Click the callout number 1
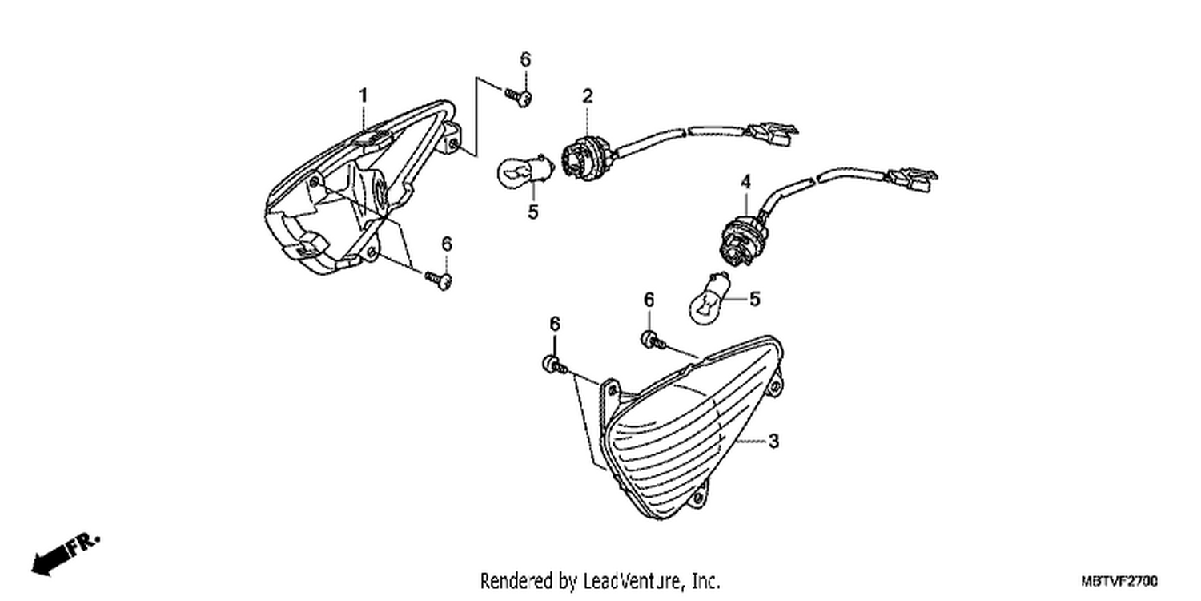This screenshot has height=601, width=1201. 364,96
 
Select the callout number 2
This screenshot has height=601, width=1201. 588,96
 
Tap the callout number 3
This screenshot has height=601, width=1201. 773,441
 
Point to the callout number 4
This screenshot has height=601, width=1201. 745,182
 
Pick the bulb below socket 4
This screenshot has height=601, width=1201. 709,299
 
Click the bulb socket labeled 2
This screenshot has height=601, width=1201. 588,157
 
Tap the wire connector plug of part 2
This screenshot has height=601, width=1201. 772,134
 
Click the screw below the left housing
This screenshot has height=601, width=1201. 439,280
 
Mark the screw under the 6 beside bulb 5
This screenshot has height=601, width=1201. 653,341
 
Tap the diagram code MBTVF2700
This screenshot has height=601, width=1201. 1119,581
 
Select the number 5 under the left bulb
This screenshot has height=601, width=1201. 532,212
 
